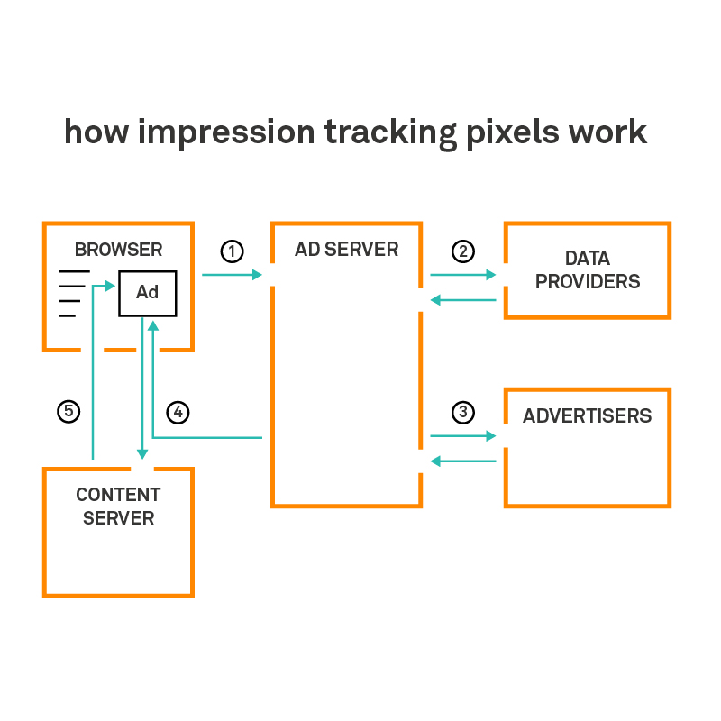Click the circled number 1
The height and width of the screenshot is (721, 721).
pos(233,251)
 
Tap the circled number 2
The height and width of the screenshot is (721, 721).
pos(462,251)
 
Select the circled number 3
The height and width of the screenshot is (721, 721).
pos(462,413)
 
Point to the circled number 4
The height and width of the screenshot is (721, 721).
pos(178,413)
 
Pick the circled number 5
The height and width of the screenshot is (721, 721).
pos(68,413)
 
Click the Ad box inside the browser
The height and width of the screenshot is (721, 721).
pos(147,292)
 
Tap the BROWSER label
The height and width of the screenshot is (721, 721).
pos(118,250)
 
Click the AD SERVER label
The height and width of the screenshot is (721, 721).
pos(346,250)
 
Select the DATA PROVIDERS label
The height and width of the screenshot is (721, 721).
pos(588,270)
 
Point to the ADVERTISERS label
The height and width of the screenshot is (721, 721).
pos(587,416)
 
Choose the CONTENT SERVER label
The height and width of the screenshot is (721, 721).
pos(118,507)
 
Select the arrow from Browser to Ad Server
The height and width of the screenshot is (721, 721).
pos(232,274)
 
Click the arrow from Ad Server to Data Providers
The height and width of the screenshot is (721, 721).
pos(463,274)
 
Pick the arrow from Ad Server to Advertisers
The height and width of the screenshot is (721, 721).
pos(463,436)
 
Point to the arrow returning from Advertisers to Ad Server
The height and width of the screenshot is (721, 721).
pos(463,461)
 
